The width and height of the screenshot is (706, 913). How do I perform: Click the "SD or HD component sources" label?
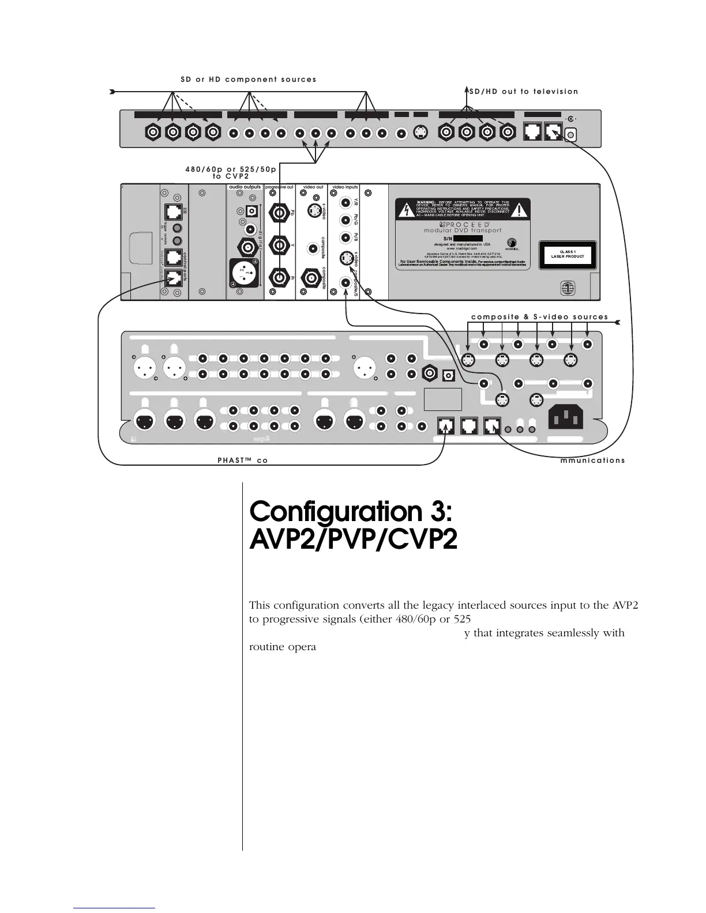click(x=248, y=80)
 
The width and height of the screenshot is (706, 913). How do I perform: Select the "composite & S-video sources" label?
click(x=539, y=317)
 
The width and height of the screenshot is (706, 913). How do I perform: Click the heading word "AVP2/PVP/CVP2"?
click(x=353, y=540)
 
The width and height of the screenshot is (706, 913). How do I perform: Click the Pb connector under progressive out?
click(x=280, y=213)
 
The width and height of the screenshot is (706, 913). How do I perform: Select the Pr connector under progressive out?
click(x=280, y=278)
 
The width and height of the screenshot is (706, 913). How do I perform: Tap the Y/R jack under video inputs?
click(x=346, y=203)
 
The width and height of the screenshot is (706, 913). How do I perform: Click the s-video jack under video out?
click(x=312, y=212)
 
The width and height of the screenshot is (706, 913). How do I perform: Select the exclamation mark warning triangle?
click(x=520, y=210)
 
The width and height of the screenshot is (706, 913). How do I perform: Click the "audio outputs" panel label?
click(x=245, y=187)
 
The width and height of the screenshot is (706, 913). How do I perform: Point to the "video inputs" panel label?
click(x=345, y=187)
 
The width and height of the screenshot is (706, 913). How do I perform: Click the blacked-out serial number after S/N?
click(x=468, y=238)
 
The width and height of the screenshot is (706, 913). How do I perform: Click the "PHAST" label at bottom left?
click(x=233, y=461)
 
